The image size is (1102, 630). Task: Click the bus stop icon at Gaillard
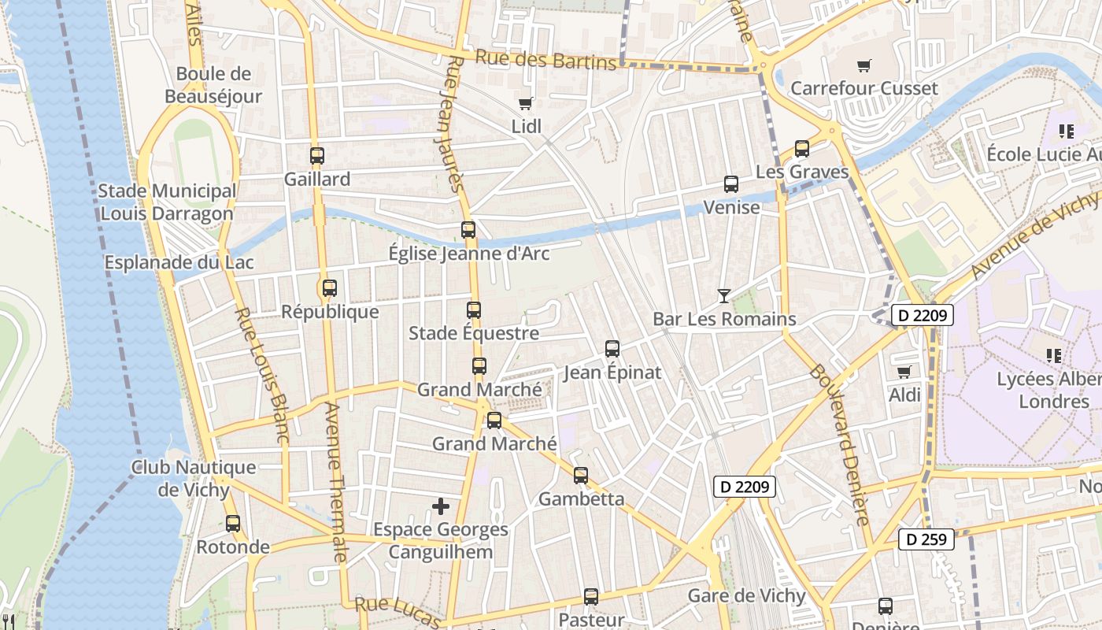coord(317,156)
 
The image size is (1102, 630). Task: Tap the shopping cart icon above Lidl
coord(526,103)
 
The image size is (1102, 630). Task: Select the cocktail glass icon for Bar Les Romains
coord(724,296)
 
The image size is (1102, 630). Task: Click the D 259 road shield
coord(926,539)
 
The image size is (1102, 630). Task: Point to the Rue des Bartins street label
coord(545,60)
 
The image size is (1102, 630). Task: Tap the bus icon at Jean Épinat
coord(612,348)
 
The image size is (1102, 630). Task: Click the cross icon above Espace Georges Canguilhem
coord(441,506)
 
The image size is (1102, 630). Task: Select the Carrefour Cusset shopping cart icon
coord(864,65)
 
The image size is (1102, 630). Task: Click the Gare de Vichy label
coord(747,595)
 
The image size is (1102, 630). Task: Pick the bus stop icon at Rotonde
coord(233,524)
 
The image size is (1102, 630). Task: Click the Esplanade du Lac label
coord(163,262)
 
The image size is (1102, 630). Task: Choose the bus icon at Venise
coord(731,184)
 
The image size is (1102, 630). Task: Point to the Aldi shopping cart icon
coord(904,372)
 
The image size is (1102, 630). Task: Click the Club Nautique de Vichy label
coord(194,478)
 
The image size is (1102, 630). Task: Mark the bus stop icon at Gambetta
coord(581,476)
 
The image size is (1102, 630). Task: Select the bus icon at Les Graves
coord(802,148)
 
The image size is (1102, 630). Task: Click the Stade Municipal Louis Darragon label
coord(167,202)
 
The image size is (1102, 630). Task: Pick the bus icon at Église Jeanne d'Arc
coord(468,230)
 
